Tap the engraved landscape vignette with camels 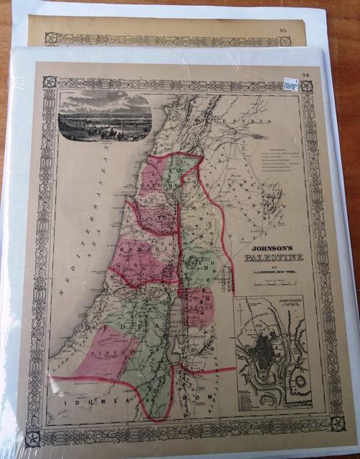(x=105, y=115)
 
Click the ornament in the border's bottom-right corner (x=337, y=422)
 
